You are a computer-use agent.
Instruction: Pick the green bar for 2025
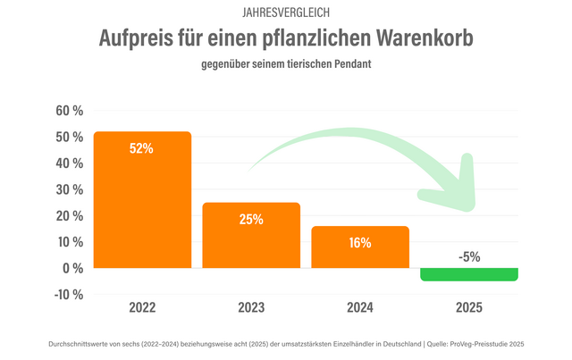(x=469, y=274)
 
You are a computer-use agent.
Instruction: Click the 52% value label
(x=142, y=148)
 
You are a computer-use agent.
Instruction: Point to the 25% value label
(x=251, y=219)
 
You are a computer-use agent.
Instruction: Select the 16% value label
(x=360, y=241)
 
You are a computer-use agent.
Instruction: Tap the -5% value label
(x=469, y=256)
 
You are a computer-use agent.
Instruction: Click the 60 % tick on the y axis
(x=70, y=111)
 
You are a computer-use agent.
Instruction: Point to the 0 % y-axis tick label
(x=73, y=268)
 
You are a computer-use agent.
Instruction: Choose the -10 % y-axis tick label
(x=68, y=294)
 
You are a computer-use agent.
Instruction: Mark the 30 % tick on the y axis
(x=70, y=189)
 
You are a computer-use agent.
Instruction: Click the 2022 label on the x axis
(x=142, y=308)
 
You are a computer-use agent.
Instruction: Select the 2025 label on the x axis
(x=469, y=308)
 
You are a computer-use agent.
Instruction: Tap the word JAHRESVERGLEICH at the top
(x=286, y=13)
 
